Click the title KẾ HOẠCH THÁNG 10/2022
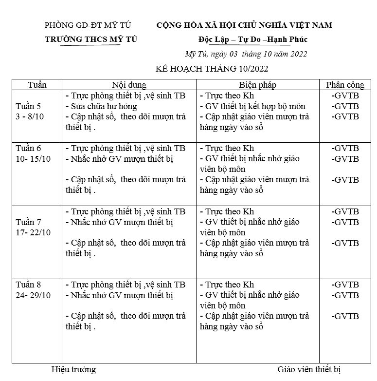[x=212, y=69]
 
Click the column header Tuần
[x=37, y=85]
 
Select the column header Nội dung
[x=129, y=85]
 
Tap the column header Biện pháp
[x=257, y=85]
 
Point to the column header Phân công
[x=345, y=85]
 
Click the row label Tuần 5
[x=28, y=106]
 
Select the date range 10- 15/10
[x=33, y=159]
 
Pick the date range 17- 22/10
[x=33, y=232]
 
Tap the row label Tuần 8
[x=28, y=285]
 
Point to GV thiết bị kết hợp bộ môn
[x=253, y=106]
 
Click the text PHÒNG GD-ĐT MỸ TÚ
[x=88, y=25]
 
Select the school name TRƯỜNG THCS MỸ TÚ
[x=91, y=39]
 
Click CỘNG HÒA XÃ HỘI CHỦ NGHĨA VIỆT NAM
[x=244, y=25]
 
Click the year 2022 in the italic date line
[x=297, y=54]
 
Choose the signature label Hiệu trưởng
[x=73, y=369]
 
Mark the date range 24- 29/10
[x=33, y=295]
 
